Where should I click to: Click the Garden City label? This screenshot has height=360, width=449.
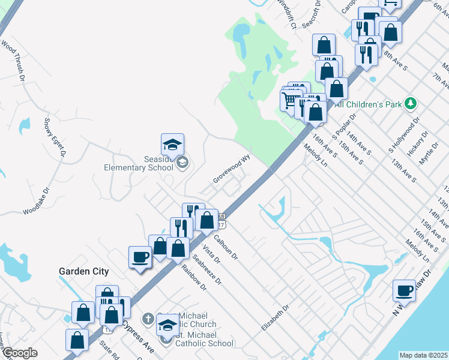click(83, 271)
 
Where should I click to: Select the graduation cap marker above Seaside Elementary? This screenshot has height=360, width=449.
click(172, 145)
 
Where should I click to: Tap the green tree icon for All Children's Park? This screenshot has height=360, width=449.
click(411, 103)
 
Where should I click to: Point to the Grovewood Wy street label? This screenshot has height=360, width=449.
click(231, 172)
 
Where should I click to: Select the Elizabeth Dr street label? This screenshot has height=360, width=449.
click(275, 317)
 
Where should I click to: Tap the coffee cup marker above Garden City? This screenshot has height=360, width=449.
click(140, 257)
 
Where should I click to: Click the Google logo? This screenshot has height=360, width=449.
click(20, 353)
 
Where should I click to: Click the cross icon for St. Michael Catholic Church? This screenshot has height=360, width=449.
click(148, 318)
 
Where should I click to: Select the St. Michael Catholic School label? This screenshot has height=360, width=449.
click(204, 343)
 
